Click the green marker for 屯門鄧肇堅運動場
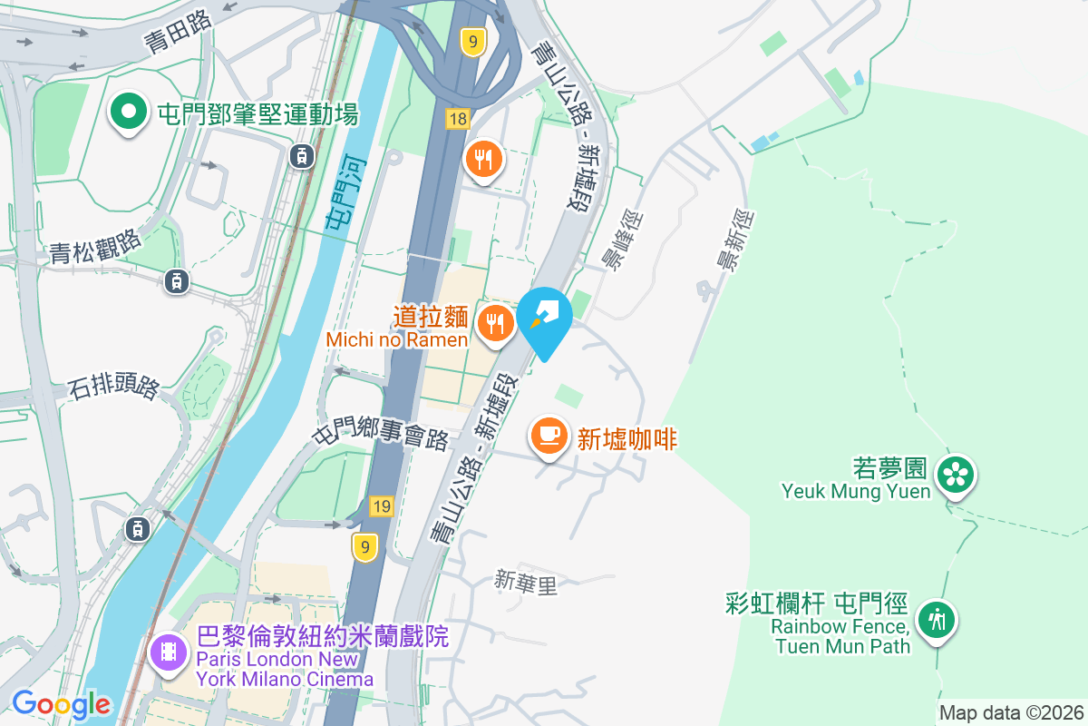coord(129,113)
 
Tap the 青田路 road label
coord(177,32)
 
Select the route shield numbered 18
coord(457,119)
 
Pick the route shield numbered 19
coord(381,506)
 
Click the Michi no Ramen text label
coord(397,339)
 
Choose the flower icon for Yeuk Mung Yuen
coord(956,474)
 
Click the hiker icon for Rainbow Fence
coord(937,621)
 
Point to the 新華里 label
coord(525,583)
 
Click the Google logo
coord(61,703)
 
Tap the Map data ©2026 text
coord(1010,712)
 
